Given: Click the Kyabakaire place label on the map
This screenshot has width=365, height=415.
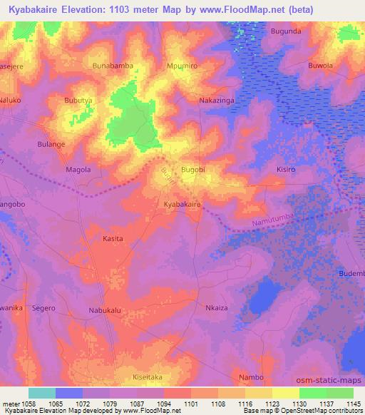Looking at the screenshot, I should coord(182,204).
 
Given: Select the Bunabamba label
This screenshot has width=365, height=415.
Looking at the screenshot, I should coord(113,66).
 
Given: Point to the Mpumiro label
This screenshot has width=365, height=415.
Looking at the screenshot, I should coord(182,66).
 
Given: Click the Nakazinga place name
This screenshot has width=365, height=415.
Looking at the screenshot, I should coord(216,101).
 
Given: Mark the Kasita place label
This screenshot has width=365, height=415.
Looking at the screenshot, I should coord(113,239).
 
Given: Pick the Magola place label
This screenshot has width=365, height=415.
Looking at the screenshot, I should coord(78,170).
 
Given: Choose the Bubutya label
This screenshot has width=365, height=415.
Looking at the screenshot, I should coord(78,101).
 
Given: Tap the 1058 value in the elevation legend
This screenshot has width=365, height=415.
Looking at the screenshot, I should coord(29,404).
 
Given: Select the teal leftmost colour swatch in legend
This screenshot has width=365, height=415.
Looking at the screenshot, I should coord(41,393).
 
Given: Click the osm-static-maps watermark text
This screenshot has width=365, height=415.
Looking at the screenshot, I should coord(334,378).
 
